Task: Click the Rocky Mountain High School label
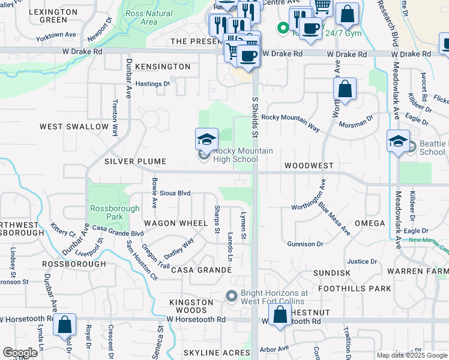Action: point(235,155)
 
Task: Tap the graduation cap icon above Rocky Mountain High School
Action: point(206,140)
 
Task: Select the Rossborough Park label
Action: point(114,212)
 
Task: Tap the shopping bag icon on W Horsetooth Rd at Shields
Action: point(280,315)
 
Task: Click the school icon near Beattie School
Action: point(398,142)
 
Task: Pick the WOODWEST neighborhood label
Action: point(309,165)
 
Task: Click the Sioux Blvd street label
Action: point(175,193)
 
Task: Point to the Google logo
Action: point(20,353)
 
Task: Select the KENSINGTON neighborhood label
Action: point(163,67)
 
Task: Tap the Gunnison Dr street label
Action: point(305,244)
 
